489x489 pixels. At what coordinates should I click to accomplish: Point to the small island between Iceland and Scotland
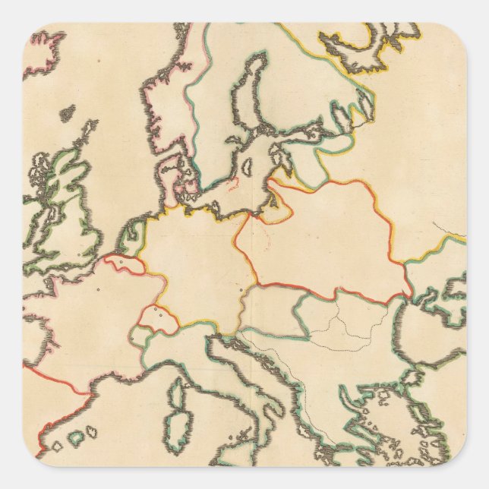click(x=68, y=113)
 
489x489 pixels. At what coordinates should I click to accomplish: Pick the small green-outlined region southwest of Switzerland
click(x=141, y=335)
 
